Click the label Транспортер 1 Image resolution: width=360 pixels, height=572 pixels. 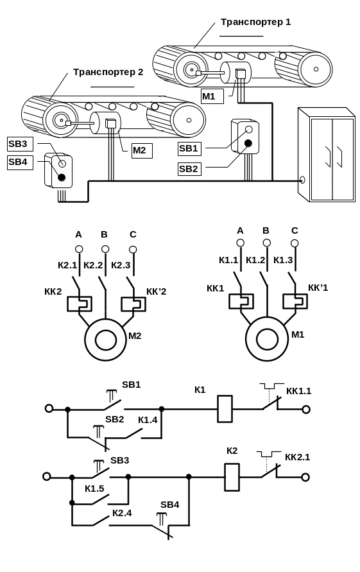tap(255, 22)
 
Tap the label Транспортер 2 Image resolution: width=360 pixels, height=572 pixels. tap(108, 73)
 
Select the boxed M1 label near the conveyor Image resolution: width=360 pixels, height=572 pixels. tap(212, 97)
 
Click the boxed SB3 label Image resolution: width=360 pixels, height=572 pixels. tap(20, 144)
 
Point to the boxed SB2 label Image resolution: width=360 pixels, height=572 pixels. tap(190, 169)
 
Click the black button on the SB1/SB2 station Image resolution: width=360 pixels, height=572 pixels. tap(248, 143)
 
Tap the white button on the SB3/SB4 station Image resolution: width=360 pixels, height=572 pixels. tap(62, 163)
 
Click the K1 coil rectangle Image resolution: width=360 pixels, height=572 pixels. tap(225, 409)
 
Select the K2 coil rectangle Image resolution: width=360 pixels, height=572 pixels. tap(232, 477)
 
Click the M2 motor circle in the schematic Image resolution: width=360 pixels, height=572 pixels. tap(106, 340)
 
